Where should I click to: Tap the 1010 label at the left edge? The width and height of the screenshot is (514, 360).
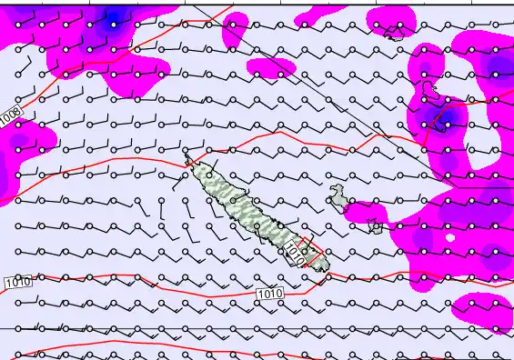pos(17,283)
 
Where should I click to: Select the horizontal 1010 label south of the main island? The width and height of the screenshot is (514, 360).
pos(270,295)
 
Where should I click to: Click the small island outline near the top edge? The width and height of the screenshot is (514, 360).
pos(395,35)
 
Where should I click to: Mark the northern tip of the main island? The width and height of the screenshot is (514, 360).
pos(188,158)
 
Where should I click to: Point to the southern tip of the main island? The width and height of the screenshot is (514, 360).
pos(318,266)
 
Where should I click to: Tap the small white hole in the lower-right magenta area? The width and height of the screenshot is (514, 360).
pos(449,238)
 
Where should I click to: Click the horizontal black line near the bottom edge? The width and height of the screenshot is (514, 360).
pos(255,328)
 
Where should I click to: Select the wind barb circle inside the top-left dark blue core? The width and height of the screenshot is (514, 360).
pos(113,25)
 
